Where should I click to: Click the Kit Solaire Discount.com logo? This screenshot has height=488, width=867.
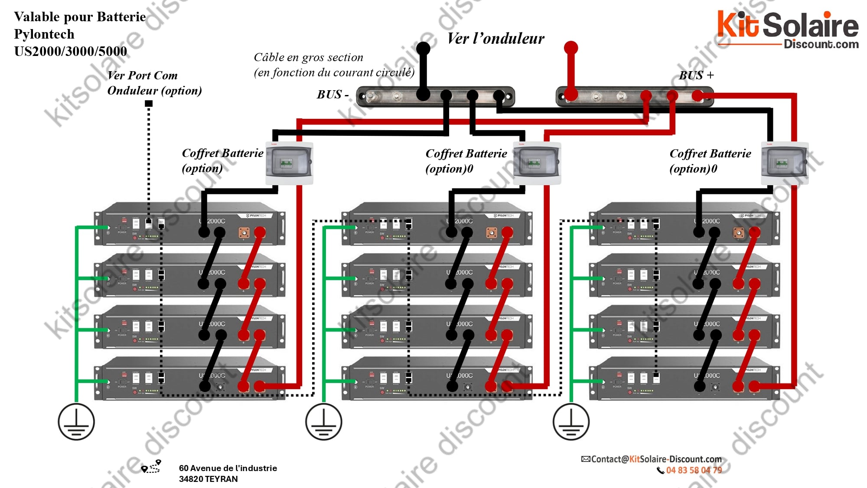tap(787, 29)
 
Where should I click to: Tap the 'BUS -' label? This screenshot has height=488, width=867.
tap(332, 95)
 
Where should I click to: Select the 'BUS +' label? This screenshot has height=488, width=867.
tap(696, 75)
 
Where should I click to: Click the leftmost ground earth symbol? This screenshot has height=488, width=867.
tap(76, 422)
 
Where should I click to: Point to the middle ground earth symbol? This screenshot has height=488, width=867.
tap(323, 422)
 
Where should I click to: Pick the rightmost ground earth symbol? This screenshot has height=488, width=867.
tap(571, 422)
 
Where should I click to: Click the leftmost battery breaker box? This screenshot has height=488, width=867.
tap(289, 164)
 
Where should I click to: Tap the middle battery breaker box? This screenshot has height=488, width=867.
tap(537, 164)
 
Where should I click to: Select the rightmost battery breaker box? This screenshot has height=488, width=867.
tap(785, 164)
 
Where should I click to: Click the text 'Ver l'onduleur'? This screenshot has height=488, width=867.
tap(495, 39)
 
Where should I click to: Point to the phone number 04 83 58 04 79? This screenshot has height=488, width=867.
tap(694, 470)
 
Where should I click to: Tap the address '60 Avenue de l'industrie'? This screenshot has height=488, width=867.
tap(228, 468)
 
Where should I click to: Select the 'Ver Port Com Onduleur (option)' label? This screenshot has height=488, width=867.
tap(154, 83)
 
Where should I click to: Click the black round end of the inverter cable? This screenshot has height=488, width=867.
tap(423, 48)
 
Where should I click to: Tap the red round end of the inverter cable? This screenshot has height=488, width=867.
tap(571, 47)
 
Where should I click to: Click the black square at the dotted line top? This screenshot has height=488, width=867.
tap(149, 103)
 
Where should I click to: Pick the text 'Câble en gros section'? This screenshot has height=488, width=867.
tap(308, 57)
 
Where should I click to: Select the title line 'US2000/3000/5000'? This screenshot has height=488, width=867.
tap(71, 51)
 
